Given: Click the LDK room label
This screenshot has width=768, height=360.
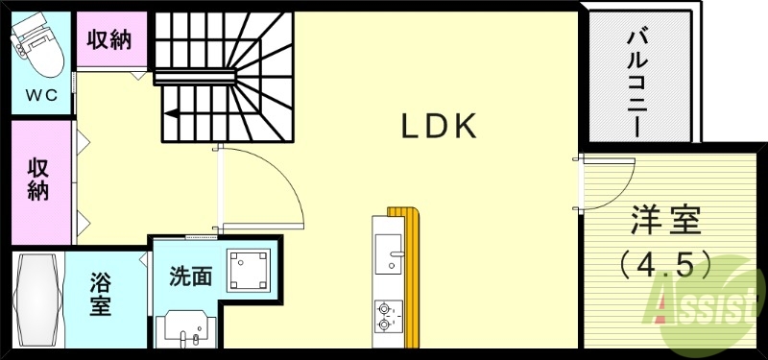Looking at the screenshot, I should [439, 127].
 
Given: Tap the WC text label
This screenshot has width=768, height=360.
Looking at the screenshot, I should [41, 95].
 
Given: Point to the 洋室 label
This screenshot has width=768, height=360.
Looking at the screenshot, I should [665, 222].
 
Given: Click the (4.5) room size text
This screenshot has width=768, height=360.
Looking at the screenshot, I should [665, 261].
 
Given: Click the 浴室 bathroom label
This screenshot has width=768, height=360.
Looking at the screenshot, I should [100, 294].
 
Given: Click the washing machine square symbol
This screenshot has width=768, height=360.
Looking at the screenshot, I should [247, 268].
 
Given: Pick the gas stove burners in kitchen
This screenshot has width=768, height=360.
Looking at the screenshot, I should [388, 316].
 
